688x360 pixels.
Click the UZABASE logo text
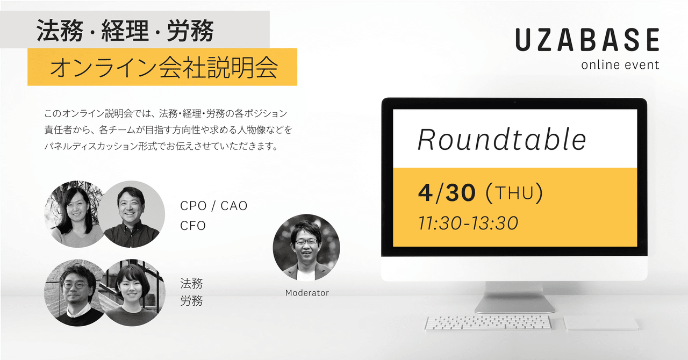click(x=587, y=40)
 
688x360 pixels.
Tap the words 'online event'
click(x=620, y=65)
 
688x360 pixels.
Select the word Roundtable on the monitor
click(x=502, y=140)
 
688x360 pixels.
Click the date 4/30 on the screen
click(x=447, y=193)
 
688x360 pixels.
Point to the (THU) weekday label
click(x=514, y=193)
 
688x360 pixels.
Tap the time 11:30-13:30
click(x=468, y=223)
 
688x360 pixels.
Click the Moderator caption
click(x=307, y=293)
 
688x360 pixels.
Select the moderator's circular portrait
click(x=306, y=248)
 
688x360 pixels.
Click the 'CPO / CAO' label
click(x=214, y=206)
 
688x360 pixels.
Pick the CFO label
click(x=193, y=226)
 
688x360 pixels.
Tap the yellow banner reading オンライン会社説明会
click(x=162, y=67)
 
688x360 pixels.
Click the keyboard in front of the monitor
click(x=488, y=322)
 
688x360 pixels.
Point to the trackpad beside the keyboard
click(x=601, y=322)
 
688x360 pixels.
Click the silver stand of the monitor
click(x=514, y=297)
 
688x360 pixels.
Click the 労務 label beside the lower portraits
click(x=191, y=301)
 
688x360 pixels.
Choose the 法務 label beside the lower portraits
click(x=191, y=284)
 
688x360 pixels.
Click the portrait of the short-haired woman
click(x=132, y=293)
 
